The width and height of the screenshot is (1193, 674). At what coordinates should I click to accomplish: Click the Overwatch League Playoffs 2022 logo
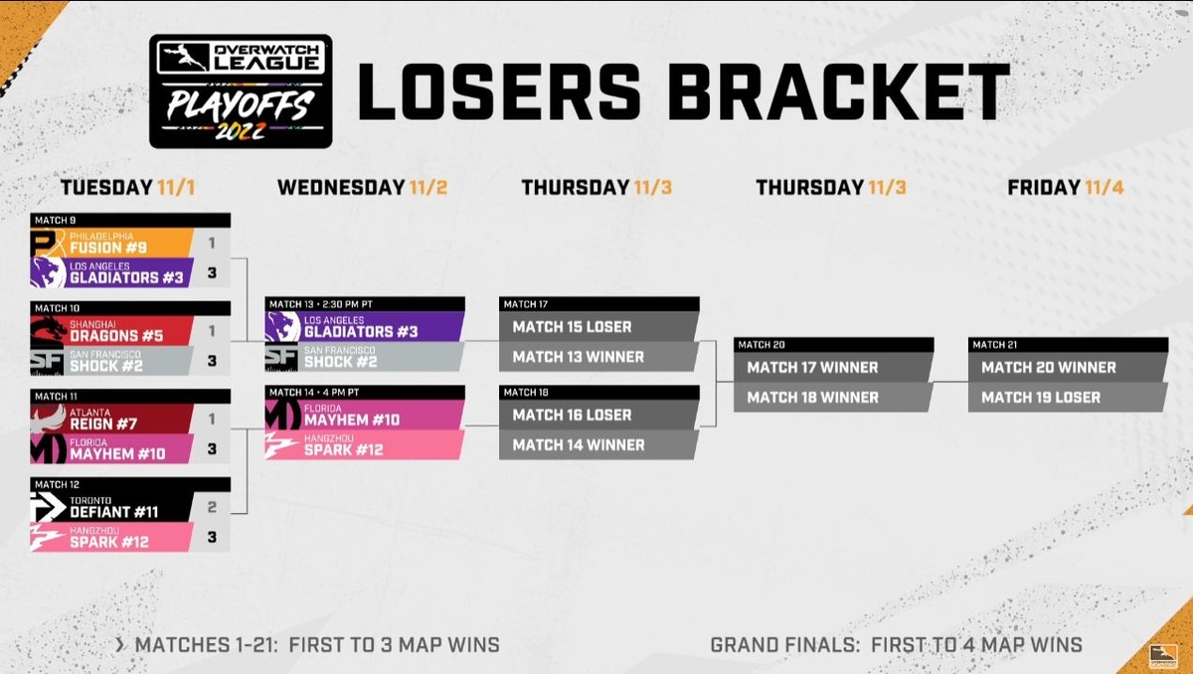pyautogui.click(x=241, y=91)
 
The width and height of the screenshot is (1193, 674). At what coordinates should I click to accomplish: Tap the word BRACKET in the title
pyautogui.click(x=839, y=92)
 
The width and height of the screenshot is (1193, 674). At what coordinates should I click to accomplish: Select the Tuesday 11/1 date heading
pyautogui.click(x=128, y=188)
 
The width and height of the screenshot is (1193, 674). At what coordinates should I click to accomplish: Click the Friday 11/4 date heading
pyautogui.click(x=1066, y=188)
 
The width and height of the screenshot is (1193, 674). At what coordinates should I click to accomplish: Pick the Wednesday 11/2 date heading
pyautogui.click(x=362, y=188)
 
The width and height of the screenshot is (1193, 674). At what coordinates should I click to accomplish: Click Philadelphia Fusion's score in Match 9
pyautogui.click(x=212, y=243)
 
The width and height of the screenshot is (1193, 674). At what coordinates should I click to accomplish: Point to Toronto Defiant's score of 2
pyautogui.click(x=212, y=507)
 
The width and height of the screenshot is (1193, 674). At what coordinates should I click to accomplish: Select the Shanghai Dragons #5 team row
pyautogui.click(x=111, y=331)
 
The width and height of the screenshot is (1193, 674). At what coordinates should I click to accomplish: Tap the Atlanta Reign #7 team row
pyautogui.click(x=111, y=419)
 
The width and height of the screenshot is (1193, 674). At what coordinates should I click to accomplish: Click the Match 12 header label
pyautogui.click(x=57, y=484)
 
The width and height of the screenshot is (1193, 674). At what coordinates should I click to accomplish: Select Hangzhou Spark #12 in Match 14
pyautogui.click(x=364, y=445)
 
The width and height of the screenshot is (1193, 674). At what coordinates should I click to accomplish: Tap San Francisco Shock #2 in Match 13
pyautogui.click(x=364, y=357)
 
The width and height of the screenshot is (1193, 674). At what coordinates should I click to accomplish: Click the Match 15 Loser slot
pyautogui.click(x=598, y=326)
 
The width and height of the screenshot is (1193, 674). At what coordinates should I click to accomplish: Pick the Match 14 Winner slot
pyautogui.click(x=598, y=445)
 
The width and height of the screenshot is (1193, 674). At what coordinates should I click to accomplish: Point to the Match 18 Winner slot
pyautogui.click(x=833, y=398)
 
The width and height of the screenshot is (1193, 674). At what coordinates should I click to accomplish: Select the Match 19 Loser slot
pyautogui.click(x=1068, y=398)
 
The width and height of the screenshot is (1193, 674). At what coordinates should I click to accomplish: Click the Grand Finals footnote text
pyautogui.click(x=897, y=645)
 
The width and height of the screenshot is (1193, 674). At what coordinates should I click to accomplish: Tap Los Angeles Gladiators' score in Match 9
pyautogui.click(x=212, y=272)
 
